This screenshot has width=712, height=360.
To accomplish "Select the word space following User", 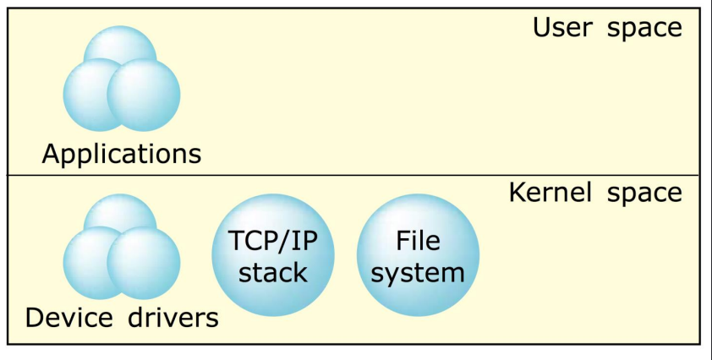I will click(644, 29).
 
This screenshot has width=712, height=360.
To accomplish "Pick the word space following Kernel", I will click(644, 194).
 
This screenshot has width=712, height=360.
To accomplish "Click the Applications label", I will click(122, 154).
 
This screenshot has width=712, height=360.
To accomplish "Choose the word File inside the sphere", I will click(418, 241).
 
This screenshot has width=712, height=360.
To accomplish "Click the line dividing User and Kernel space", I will click(355, 175).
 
